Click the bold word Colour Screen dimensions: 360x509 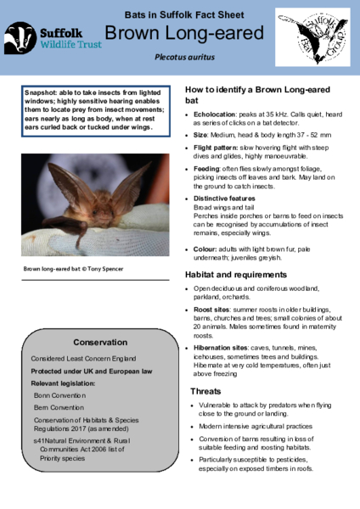(205, 249)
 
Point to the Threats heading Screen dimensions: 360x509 (207, 391)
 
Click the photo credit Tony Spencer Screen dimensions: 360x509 (105, 270)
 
